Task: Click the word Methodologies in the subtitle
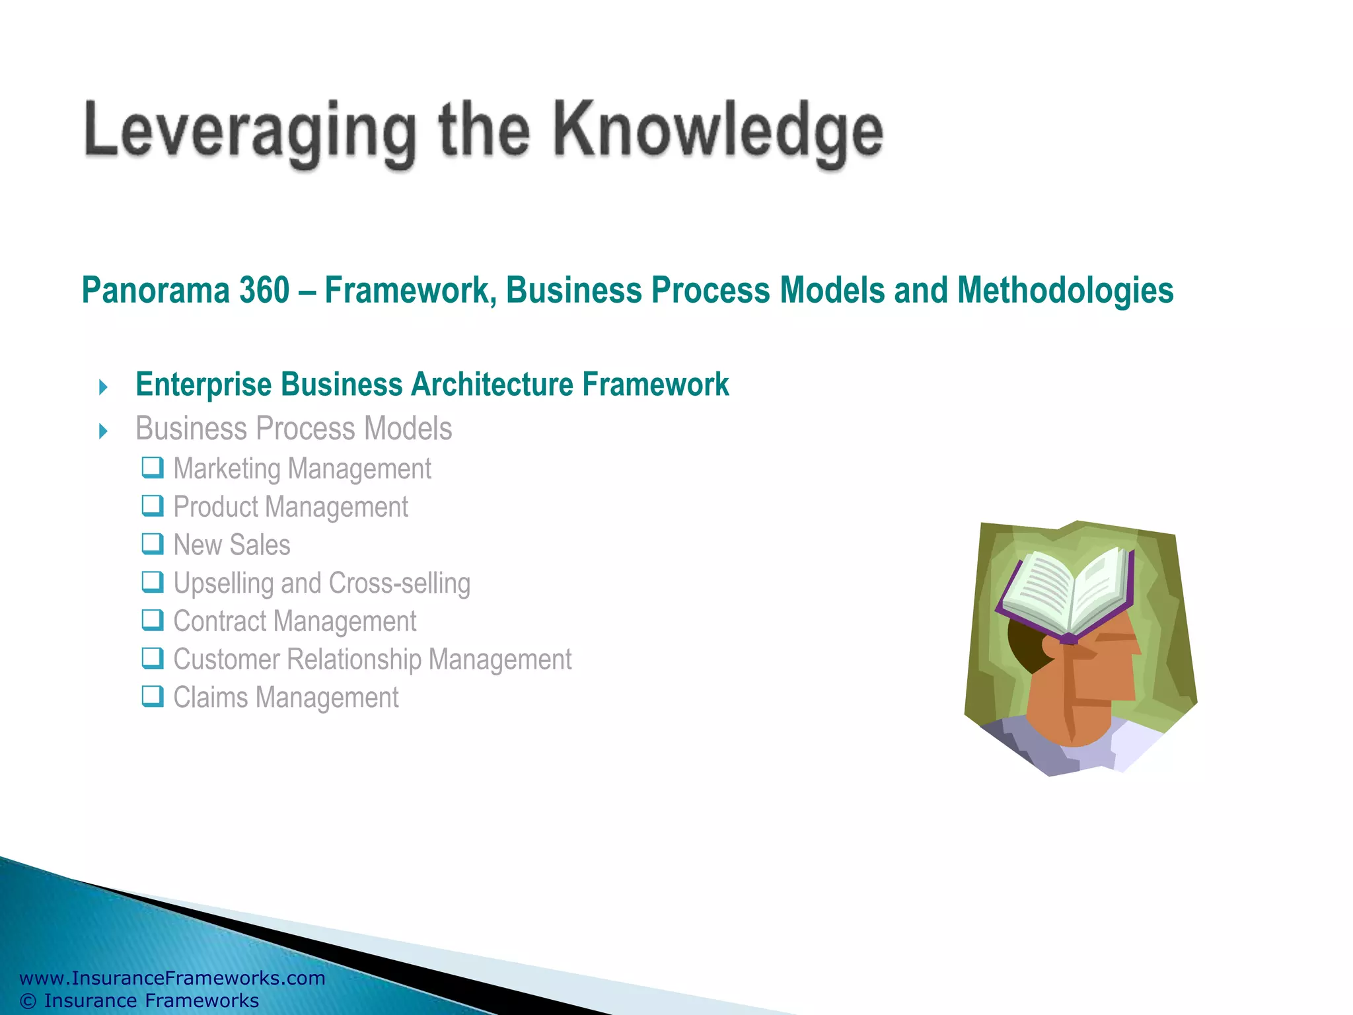point(1065,291)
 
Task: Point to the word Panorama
point(156,291)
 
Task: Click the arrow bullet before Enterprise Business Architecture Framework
point(103,387)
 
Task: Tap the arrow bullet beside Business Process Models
point(103,432)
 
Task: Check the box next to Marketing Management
point(153,467)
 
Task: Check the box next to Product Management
point(153,506)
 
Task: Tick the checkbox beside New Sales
point(153,544)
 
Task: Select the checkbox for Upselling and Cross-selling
point(153,582)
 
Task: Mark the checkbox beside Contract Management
point(153,620)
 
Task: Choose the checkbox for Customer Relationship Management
point(153,658)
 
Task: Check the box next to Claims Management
point(153,696)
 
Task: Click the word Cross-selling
point(400,583)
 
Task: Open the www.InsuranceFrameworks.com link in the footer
point(172,978)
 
